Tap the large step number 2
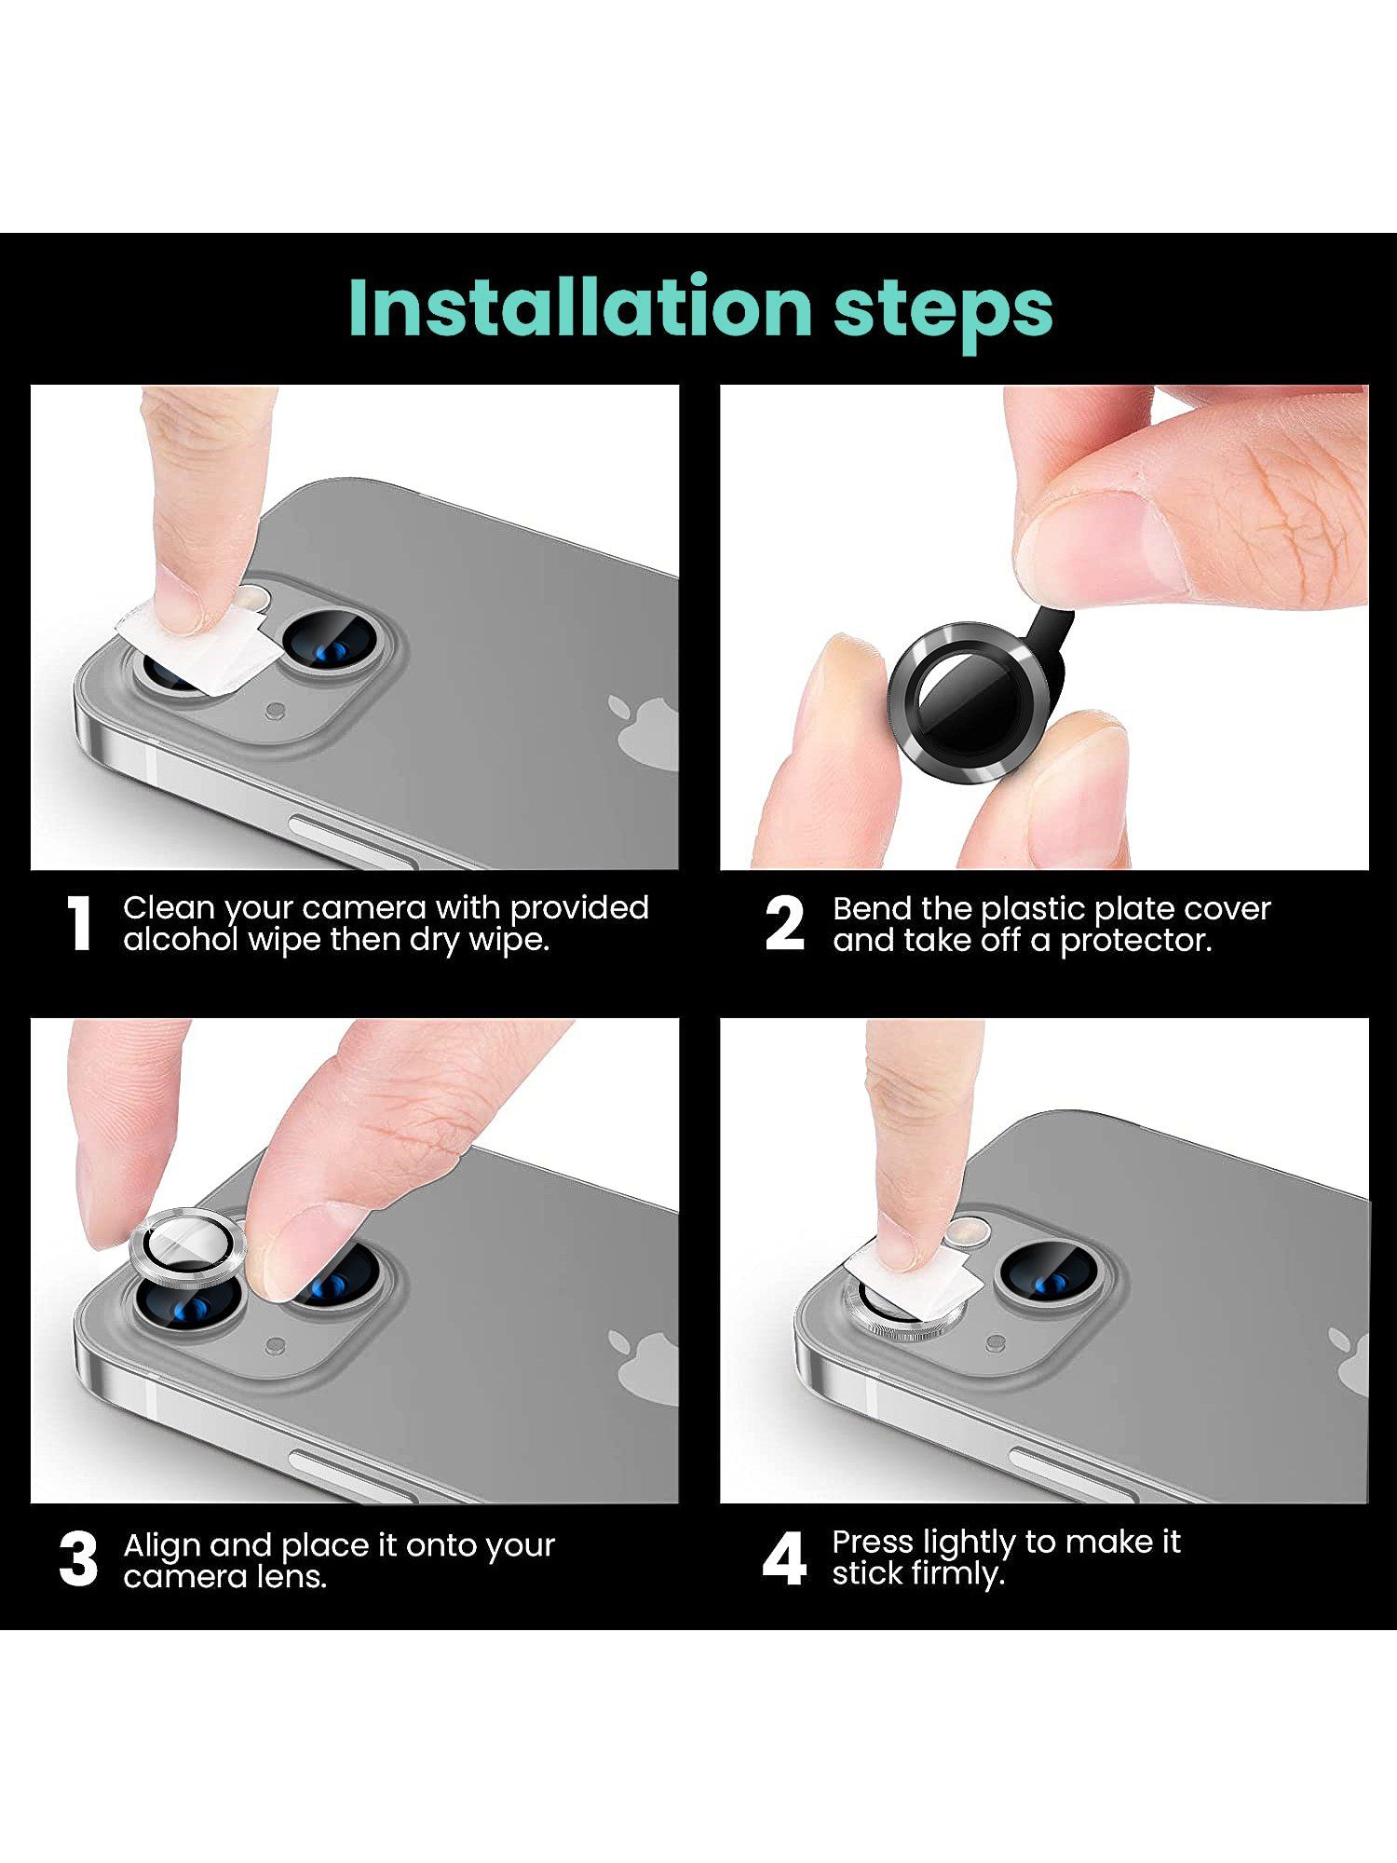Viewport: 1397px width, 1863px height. point(784,924)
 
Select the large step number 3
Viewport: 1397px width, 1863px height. point(78,1560)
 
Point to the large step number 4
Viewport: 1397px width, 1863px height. point(784,1560)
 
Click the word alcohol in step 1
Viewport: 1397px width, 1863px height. point(181,939)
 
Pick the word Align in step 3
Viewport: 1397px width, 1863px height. point(162,1544)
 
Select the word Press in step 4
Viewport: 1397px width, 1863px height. point(873,1542)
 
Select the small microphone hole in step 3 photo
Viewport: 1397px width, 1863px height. point(275,1346)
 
